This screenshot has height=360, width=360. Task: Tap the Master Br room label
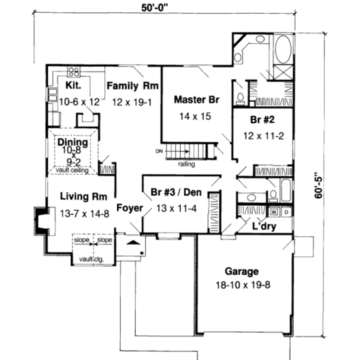pyautogui.click(x=197, y=100)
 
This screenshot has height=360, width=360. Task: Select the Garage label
pyautogui.click(x=242, y=271)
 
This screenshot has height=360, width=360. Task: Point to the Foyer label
pyautogui.click(x=130, y=208)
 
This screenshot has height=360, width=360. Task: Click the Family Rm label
pyautogui.click(x=133, y=86)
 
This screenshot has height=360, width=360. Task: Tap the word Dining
pyautogui.click(x=73, y=142)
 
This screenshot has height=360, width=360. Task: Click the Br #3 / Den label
pyautogui.click(x=176, y=192)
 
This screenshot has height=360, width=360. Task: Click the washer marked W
pyautogui.click(x=274, y=212)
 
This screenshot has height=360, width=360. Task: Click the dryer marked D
pyautogui.click(x=287, y=212)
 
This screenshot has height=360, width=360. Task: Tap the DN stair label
pyautogui.click(x=159, y=152)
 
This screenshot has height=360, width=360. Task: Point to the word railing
pyautogui.click(x=186, y=164)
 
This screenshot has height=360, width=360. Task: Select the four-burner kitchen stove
pyautogui.click(x=74, y=71)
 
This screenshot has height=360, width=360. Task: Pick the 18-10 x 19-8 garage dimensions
pyautogui.click(x=243, y=284)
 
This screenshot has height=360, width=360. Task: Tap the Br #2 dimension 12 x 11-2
pyautogui.click(x=263, y=136)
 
